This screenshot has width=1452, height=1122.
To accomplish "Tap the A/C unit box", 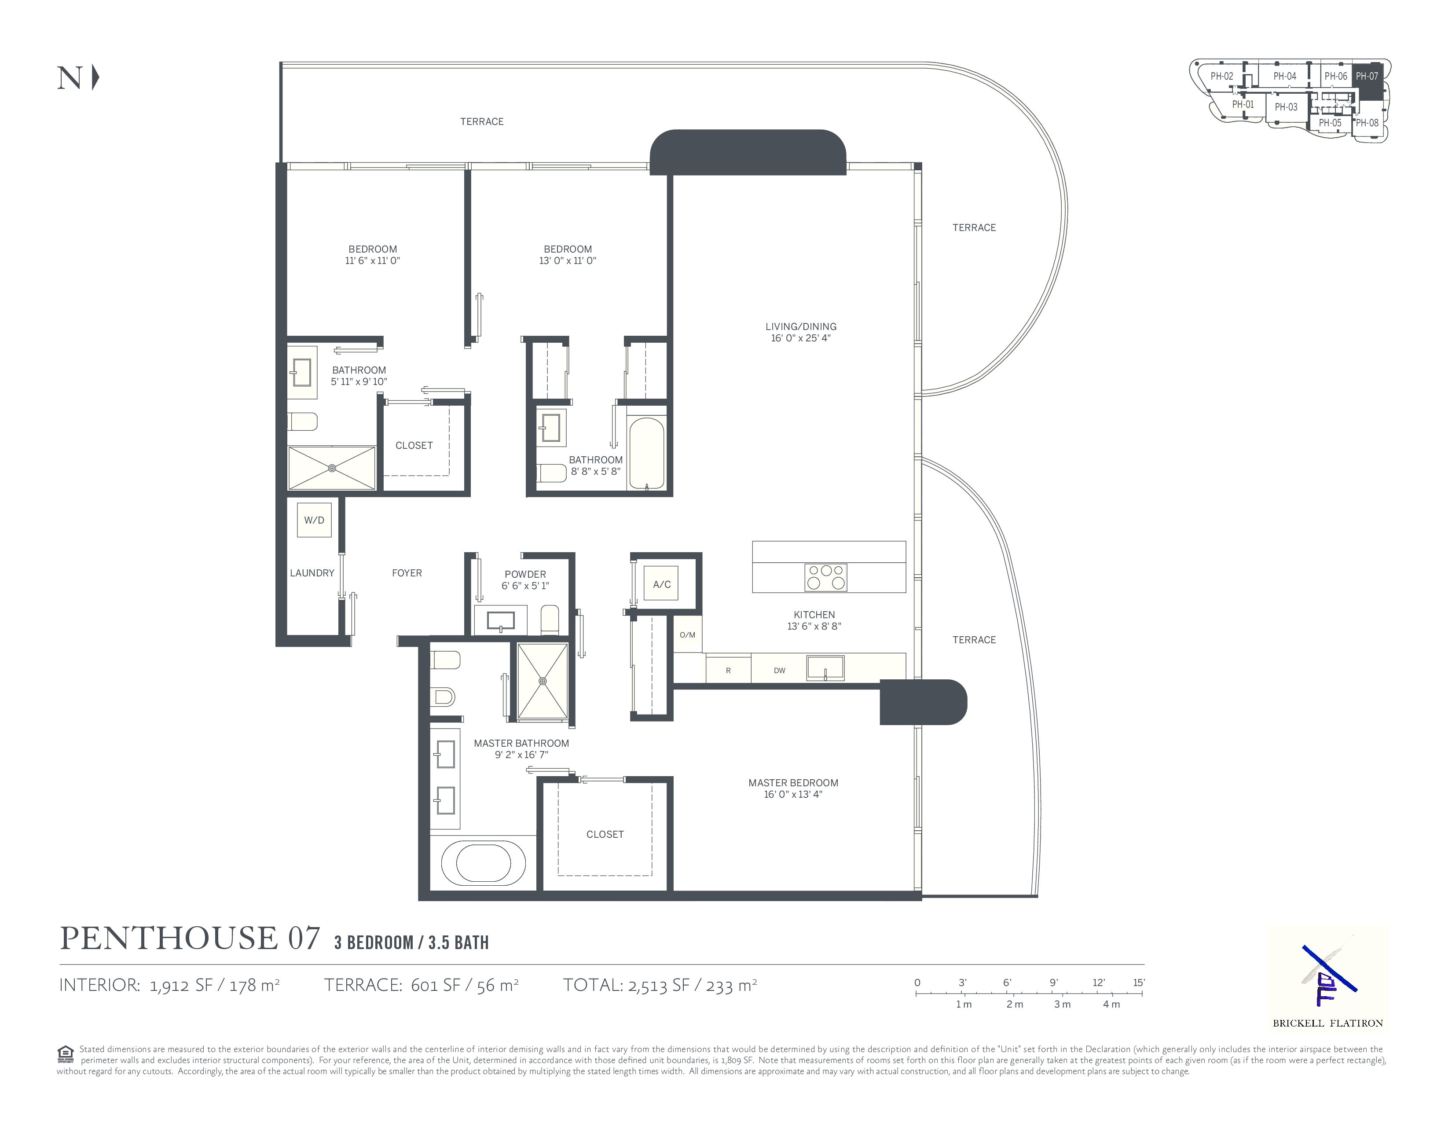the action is tap(661, 584).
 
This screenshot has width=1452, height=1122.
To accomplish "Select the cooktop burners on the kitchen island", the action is tap(826, 578).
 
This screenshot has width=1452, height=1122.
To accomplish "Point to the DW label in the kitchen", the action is tap(780, 671).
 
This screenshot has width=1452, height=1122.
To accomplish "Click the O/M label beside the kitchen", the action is tap(687, 635).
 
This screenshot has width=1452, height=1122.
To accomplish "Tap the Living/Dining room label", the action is tap(800, 326).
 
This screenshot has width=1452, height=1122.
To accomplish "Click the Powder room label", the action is tap(525, 574).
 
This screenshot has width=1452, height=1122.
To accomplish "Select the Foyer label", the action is tap(407, 573).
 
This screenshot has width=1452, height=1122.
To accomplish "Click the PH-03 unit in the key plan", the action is tap(1286, 107).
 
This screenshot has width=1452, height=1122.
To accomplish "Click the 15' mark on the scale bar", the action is tap(1140, 983).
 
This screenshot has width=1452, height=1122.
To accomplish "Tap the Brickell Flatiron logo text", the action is tap(1327, 1023).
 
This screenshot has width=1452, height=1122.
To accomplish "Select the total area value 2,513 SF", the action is tap(659, 985).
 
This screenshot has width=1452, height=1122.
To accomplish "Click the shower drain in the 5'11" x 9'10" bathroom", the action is tap(332, 468).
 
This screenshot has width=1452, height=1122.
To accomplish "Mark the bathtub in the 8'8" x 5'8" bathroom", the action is tap(646, 454).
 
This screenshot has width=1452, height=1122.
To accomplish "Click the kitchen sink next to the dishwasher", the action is tap(825, 667).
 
